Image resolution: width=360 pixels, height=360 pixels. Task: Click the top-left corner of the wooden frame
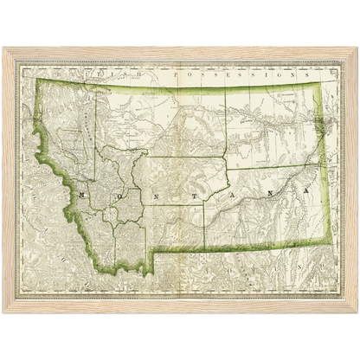click(3, 47)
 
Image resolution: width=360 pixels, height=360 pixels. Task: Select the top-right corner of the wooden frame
click(357, 47)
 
